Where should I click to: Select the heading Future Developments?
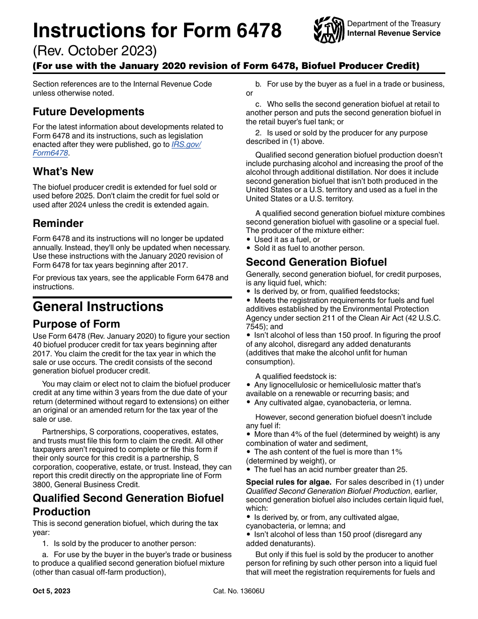[89, 112]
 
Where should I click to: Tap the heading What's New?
[63, 172]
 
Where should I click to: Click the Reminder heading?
[58, 223]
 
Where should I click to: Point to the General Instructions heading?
[98, 306]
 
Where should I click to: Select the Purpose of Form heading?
[76, 324]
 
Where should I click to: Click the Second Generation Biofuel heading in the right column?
[316, 262]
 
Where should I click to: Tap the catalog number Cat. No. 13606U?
[238, 591]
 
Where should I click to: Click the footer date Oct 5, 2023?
[52, 591]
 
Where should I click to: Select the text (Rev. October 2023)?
[95, 51]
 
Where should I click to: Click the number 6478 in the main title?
[255, 31]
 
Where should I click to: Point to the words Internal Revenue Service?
[393, 33]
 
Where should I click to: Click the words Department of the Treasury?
[393, 24]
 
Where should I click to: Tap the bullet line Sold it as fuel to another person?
[309, 248]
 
